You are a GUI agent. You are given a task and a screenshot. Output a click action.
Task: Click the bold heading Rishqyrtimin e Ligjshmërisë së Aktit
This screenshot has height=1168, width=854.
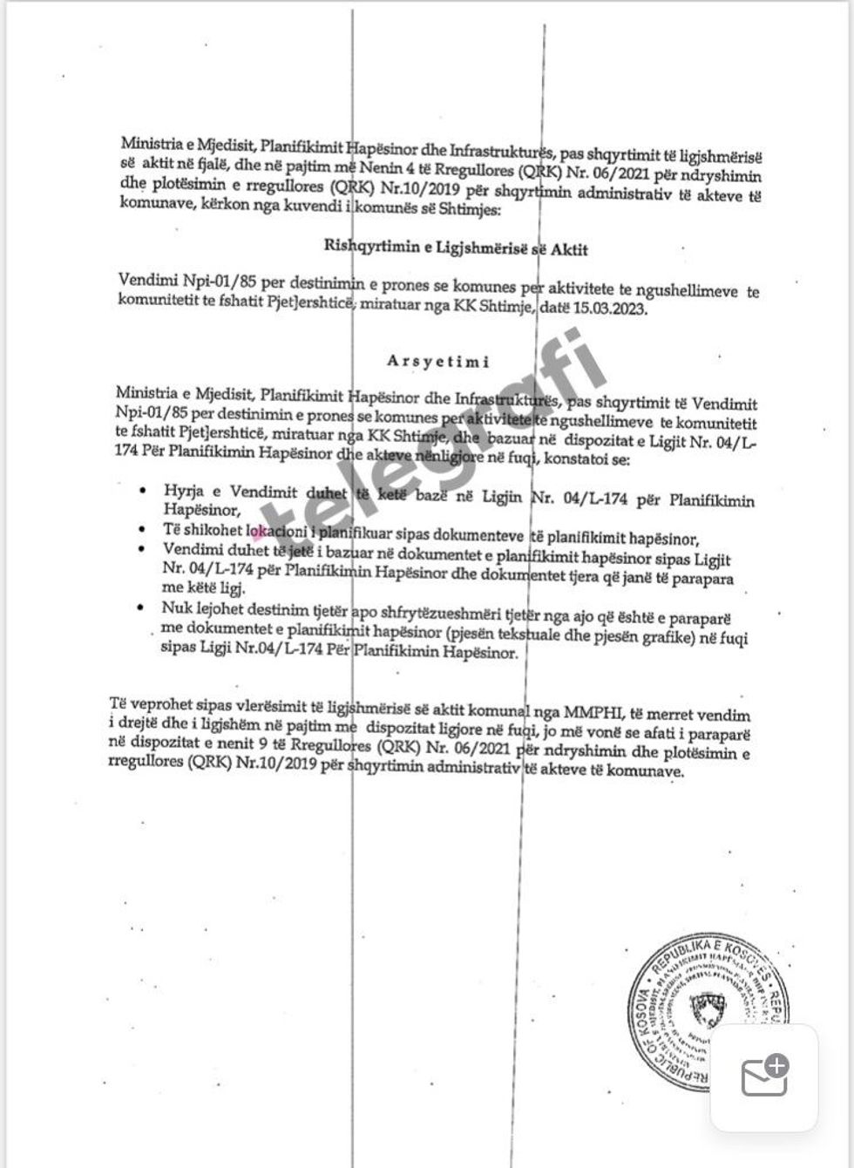click(x=456, y=248)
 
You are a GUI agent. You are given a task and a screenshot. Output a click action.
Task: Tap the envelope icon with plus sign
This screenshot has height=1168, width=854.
click(x=764, y=1076)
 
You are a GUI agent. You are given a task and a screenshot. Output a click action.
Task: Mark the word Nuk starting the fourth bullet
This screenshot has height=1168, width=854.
click(x=174, y=608)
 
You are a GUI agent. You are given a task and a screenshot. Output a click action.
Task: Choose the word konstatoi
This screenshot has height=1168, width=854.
click(x=577, y=459)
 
